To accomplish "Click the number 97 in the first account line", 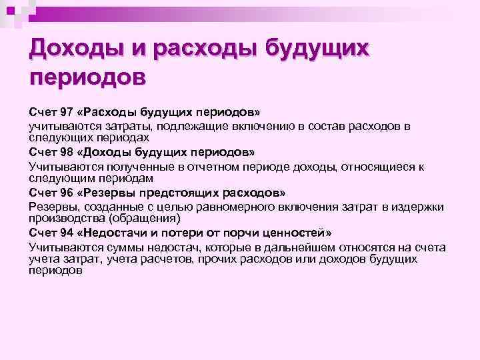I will (63, 109).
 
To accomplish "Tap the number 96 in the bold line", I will (63, 193).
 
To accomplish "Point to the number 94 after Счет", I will (63, 233).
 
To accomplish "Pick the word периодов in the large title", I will (87, 77).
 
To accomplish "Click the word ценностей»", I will (299, 233).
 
